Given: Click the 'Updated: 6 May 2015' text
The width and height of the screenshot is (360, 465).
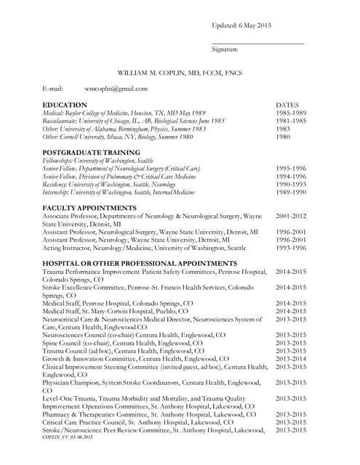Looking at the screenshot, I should [241, 25].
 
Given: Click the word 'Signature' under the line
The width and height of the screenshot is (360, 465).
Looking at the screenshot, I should [225, 49].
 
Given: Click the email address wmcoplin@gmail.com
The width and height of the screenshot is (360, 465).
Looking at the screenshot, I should [116, 89].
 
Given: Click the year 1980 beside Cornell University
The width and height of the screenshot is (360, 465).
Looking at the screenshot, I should [284, 137].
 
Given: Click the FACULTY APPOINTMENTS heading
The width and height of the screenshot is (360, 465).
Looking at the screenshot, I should [89, 208].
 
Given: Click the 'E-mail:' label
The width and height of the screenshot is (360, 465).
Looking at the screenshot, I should [53, 89].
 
